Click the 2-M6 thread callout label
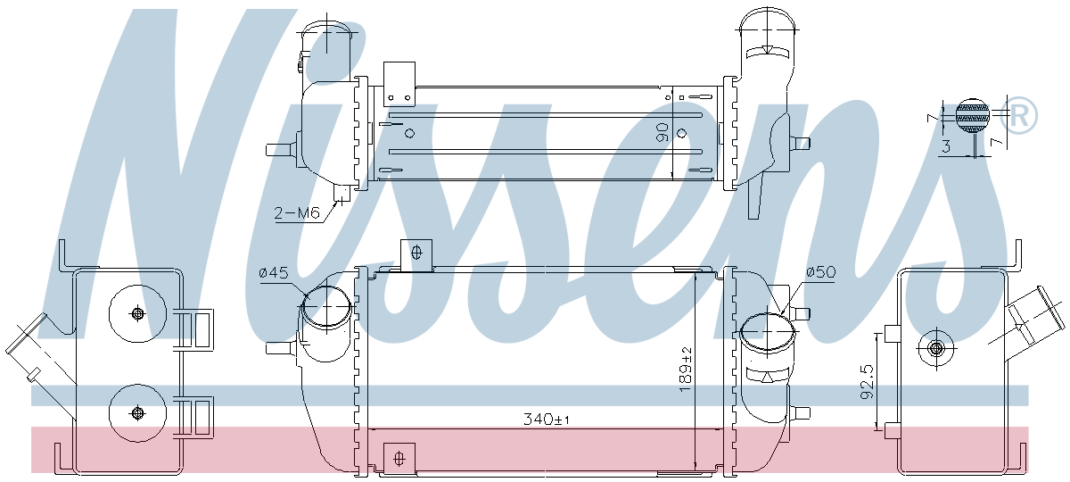click(x=297, y=212)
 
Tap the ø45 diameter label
click(x=274, y=273)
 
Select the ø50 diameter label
click(x=821, y=272)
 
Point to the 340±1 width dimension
click(x=547, y=420)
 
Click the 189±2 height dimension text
click(x=685, y=370)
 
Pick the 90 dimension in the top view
click(x=662, y=132)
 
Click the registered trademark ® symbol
click(x=1019, y=115)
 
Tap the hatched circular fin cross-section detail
click(x=973, y=116)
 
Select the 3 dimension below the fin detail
click(x=946, y=145)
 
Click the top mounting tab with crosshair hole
click(x=416, y=255)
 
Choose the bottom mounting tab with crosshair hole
click(x=399, y=459)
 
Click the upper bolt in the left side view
click(x=137, y=313)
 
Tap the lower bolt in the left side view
click(x=137, y=412)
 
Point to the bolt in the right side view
click(x=935, y=348)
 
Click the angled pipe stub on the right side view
click(x=1034, y=319)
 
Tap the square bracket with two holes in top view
click(x=399, y=84)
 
